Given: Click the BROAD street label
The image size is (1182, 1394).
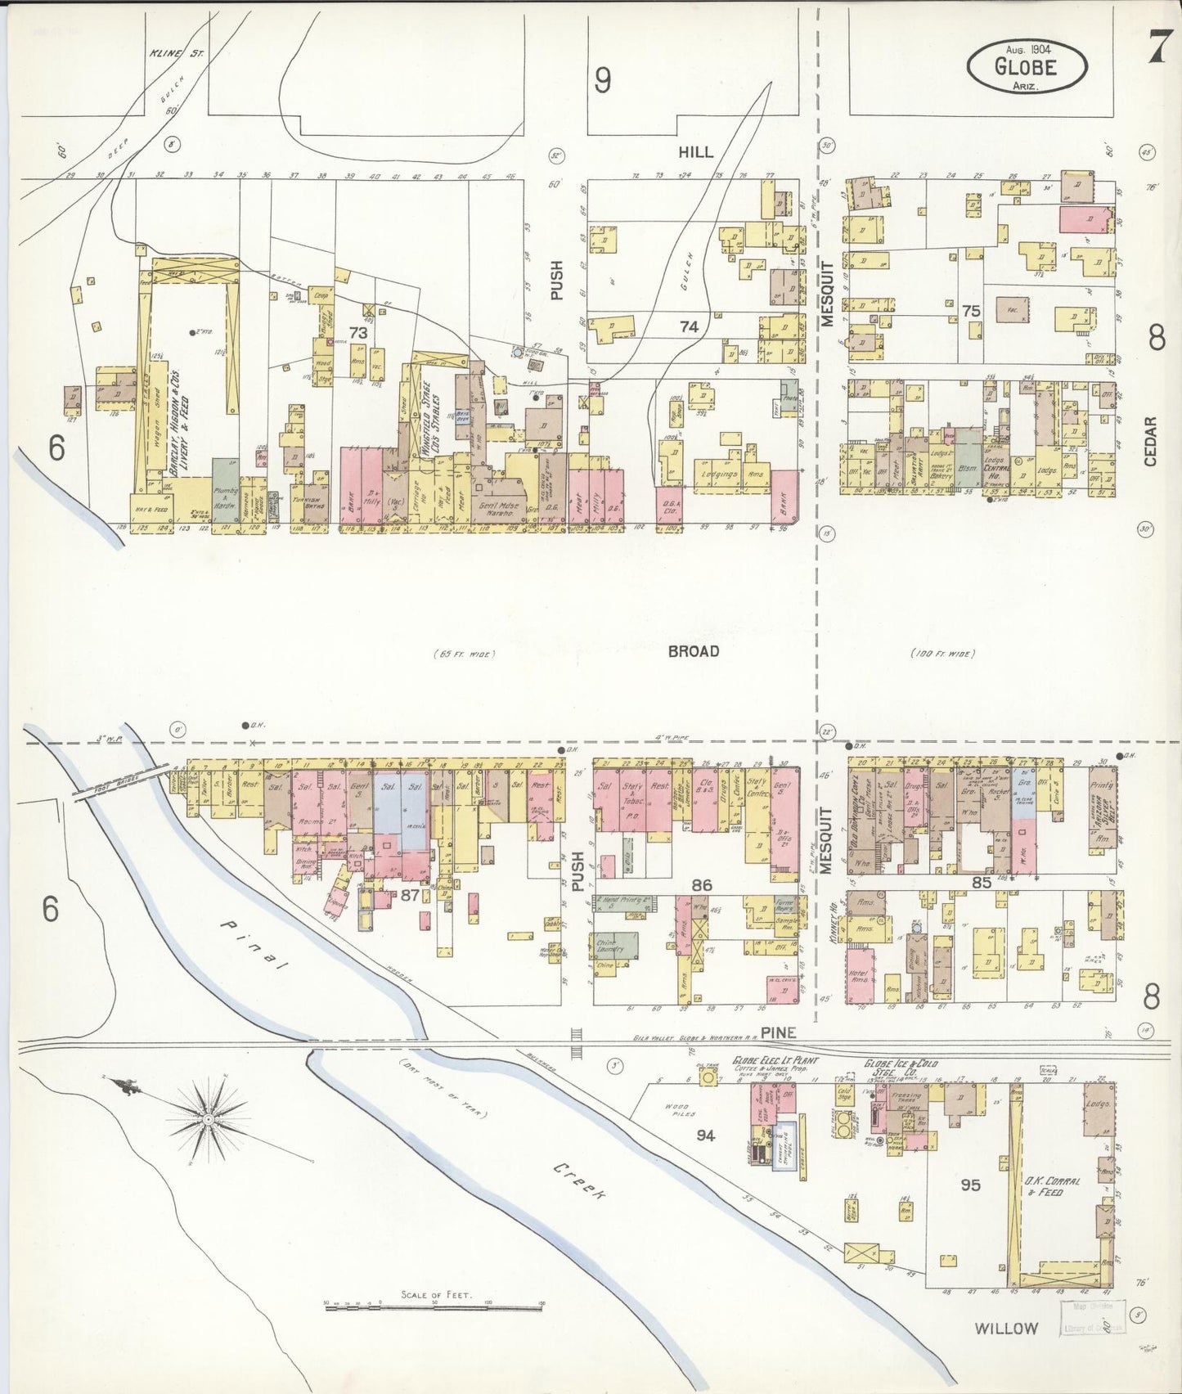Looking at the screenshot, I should (693, 651).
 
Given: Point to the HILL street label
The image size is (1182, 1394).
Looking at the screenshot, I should (695, 151).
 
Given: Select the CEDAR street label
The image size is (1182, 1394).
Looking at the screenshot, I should (1151, 442).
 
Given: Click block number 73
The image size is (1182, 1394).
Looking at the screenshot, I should (358, 332).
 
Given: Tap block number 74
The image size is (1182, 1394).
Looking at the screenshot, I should (689, 326).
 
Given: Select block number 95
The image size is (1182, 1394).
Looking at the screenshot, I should (970, 1184).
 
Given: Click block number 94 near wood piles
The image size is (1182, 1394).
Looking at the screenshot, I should (705, 1135).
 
